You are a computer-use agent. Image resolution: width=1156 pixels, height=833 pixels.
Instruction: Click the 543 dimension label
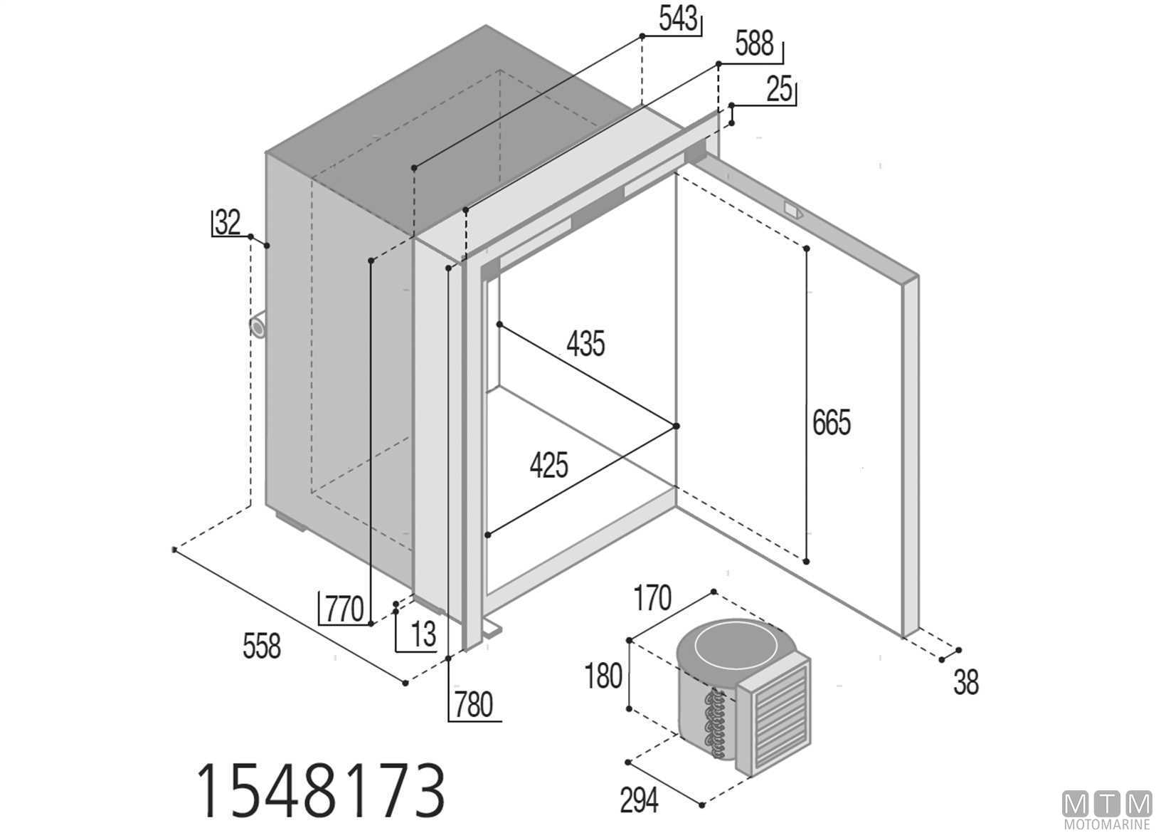pyautogui.click(x=677, y=20)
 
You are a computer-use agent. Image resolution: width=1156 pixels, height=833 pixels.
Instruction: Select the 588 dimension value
pyautogui.click(x=754, y=44)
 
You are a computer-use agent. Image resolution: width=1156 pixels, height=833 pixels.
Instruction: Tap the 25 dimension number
pyautogui.click(x=780, y=90)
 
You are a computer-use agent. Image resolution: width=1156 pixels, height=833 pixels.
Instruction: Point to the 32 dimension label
pyautogui.click(x=228, y=223)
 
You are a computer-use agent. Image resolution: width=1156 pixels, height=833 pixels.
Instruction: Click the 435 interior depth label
pyautogui.click(x=585, y=344)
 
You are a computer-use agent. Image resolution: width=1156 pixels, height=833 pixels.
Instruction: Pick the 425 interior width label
pyautogui.click(x=548, y=466)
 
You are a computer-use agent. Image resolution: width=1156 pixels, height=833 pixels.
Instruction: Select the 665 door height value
pyautogui.click(x=831, y=423)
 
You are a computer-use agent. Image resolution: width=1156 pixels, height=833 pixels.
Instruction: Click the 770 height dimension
pyautogui.click(x=344, y=610)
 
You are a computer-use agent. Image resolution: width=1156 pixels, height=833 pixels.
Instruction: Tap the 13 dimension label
pyautogui.click(x=423, y=635)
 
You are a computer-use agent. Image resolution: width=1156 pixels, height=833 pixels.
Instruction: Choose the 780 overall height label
pyautogui.click(x=472, y=705)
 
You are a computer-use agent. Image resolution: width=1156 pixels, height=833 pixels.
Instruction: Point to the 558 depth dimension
pyautogui.click(x=262, y=646)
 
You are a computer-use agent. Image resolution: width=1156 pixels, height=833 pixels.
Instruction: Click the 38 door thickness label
pyautogui.click(x=965, y=683)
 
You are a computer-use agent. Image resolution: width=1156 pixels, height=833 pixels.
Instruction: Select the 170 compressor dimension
pyautogui.click(x=652, y=599)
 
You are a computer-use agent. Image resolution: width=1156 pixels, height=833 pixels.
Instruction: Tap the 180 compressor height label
pyautogui.click(x=603, y=676)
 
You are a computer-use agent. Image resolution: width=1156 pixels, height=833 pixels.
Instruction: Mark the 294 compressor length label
pyautogui.click(x=639, y=801)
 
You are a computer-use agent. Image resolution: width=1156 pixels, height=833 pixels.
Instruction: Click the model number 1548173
pyautogui.click(x=320, y=790)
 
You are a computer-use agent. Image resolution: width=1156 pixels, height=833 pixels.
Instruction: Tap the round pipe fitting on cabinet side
pyautogui.click(x=257, y=327)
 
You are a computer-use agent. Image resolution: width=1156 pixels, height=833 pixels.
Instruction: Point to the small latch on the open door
pyautogui.click(x=792, y=210)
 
